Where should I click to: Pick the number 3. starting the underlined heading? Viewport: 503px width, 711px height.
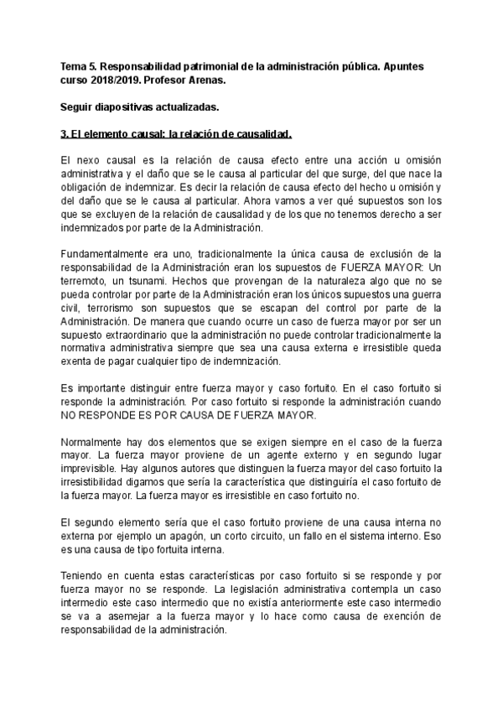(66, 134)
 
